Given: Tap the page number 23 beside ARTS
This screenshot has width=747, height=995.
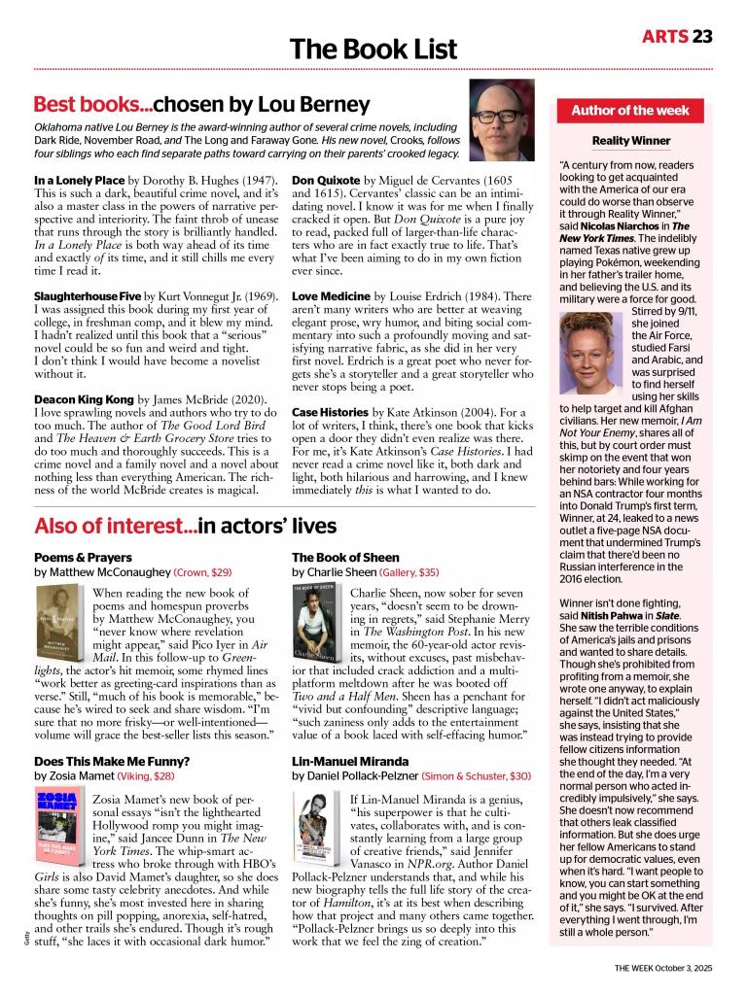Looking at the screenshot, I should (x=703, y=37).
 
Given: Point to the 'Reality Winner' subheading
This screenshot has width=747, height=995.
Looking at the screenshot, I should (x=630, y=141).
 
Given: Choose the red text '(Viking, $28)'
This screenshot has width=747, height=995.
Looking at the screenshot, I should (x=146, y=777).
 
